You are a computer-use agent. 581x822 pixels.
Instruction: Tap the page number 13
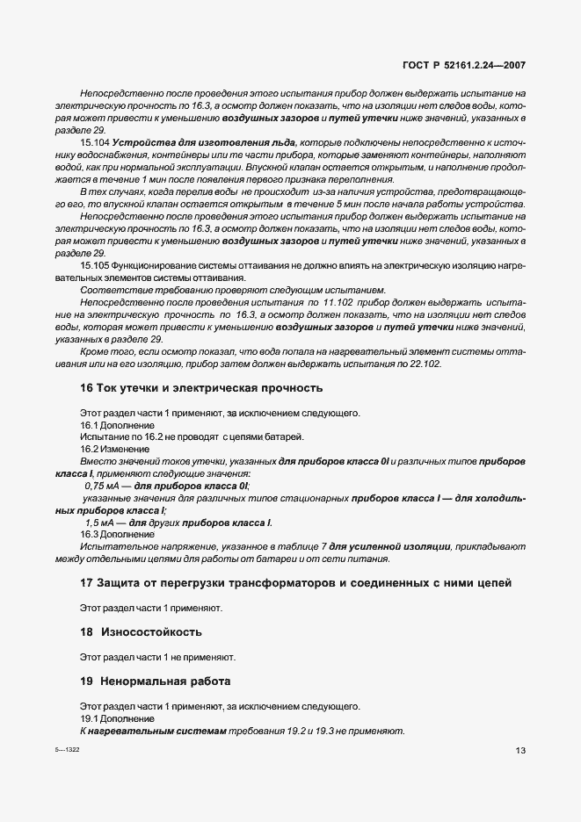[x=520, y=750]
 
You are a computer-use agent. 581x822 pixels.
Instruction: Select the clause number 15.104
[x=95, y=142]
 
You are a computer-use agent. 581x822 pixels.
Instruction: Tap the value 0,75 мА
[x=104, y=486]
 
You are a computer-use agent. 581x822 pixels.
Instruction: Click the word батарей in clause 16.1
[x=285, y=436]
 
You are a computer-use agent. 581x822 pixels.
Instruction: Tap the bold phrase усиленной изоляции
[x=393, y=547]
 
